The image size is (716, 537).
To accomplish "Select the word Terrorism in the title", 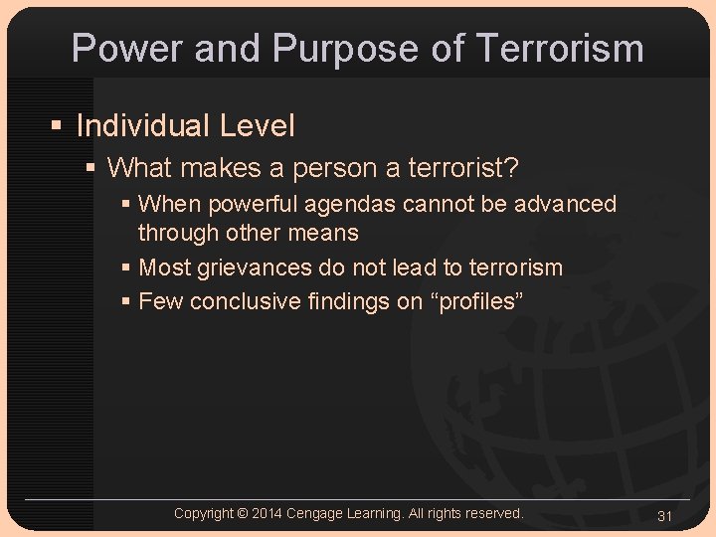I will [558, 48].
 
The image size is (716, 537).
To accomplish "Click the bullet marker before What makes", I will [90, 168].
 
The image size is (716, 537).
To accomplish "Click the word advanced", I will [569, 204].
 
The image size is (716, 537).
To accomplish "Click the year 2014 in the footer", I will [267, 513].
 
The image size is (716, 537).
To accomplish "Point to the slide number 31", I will [665, 515].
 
